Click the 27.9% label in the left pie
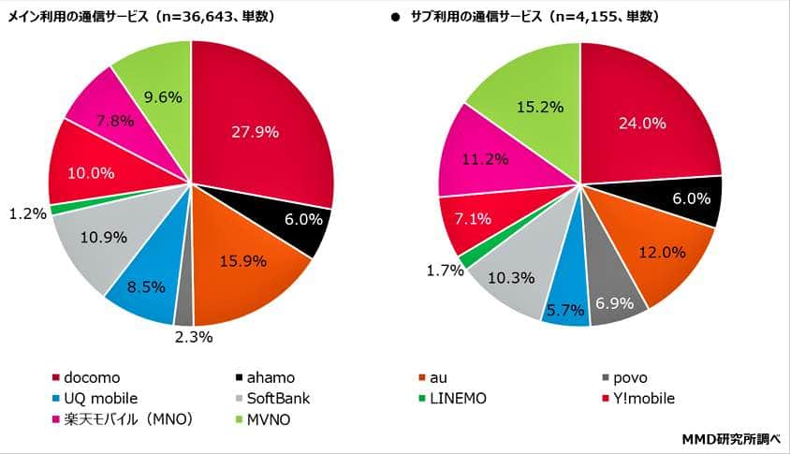(255, 132)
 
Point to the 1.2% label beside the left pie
(26, 213)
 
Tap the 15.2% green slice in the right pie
(540, 107)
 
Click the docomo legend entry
(89, 377)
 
